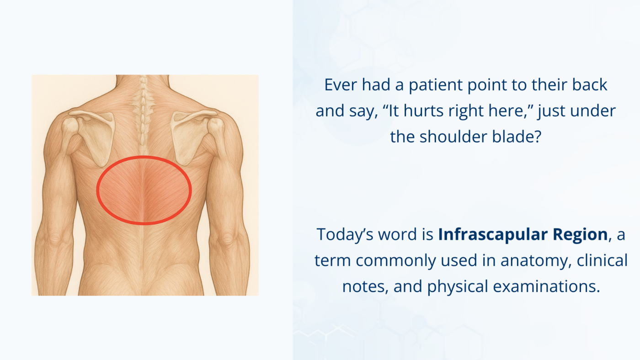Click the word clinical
point(602,260)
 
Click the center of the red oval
point(144,191)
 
